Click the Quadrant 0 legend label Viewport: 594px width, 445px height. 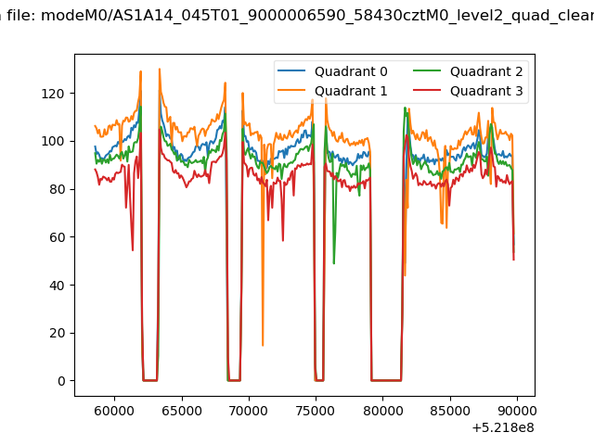pyautogui.click(x=351, y=71)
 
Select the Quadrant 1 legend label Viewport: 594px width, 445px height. pyautogui.click(x=351, y=91)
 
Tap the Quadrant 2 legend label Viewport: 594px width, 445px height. pyautogui.click(x=486, y=71)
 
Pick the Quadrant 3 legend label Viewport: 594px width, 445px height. pyautogui.click(x=486, y=91)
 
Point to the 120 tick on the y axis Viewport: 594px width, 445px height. pyautogui.click(x=53, y=94)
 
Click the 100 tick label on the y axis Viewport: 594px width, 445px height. pyautogui.click(x=53, y=142)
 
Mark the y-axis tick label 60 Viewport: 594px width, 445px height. pyautogui.click(x=57, y=237)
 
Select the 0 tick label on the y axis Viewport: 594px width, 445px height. pyautogui.click(x=61, y=381)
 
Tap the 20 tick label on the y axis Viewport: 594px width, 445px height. pyautogui.click(x=57, y=333)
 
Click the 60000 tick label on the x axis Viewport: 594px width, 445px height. pyautogui.click(x=114, y=411)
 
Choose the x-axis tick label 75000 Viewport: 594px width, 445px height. pyautogui.click(x=316, y=411)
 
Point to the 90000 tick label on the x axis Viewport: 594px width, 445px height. pyautogui.click(x=516, y=411)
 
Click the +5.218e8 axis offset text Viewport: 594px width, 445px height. pyautogui.click(x=503, y=428)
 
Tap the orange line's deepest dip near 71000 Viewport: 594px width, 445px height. pyautogui.click(x=263, y=345)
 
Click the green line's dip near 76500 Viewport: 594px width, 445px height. pyautogui.click(x=334, y=263)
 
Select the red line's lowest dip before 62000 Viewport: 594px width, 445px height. pyautogui.click(x=133, y=250)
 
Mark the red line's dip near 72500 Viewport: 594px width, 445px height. pyautogui.click(x=283, y=240)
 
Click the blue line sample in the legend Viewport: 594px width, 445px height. pyautogui.click(x=291, y=70)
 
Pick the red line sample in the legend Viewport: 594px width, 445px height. pyautogui.click(x=427, y=91)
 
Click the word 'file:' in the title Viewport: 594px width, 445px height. pyautogui.click(x=21, y=16)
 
